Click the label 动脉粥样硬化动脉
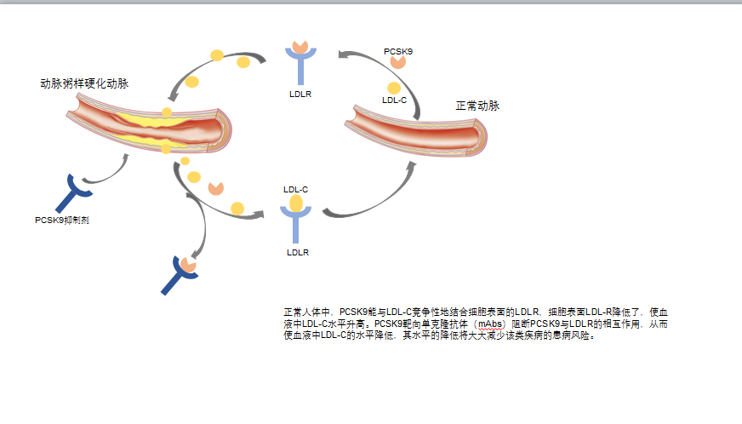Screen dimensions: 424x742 (84, 83)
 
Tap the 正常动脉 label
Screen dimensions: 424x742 (477, 106)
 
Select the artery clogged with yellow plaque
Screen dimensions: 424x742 (153, 124)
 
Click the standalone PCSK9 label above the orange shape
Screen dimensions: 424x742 (398, 52)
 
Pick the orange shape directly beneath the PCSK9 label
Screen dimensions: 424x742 (397, 67)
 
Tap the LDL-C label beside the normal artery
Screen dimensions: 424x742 (394, 100)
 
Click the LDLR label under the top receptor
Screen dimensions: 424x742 (300, 94)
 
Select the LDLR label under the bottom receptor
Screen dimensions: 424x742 (297, 252)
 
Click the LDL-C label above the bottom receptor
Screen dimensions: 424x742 (295, 189)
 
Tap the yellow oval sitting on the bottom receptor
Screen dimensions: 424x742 (295, 203)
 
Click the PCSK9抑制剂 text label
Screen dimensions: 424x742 (62, 220)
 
